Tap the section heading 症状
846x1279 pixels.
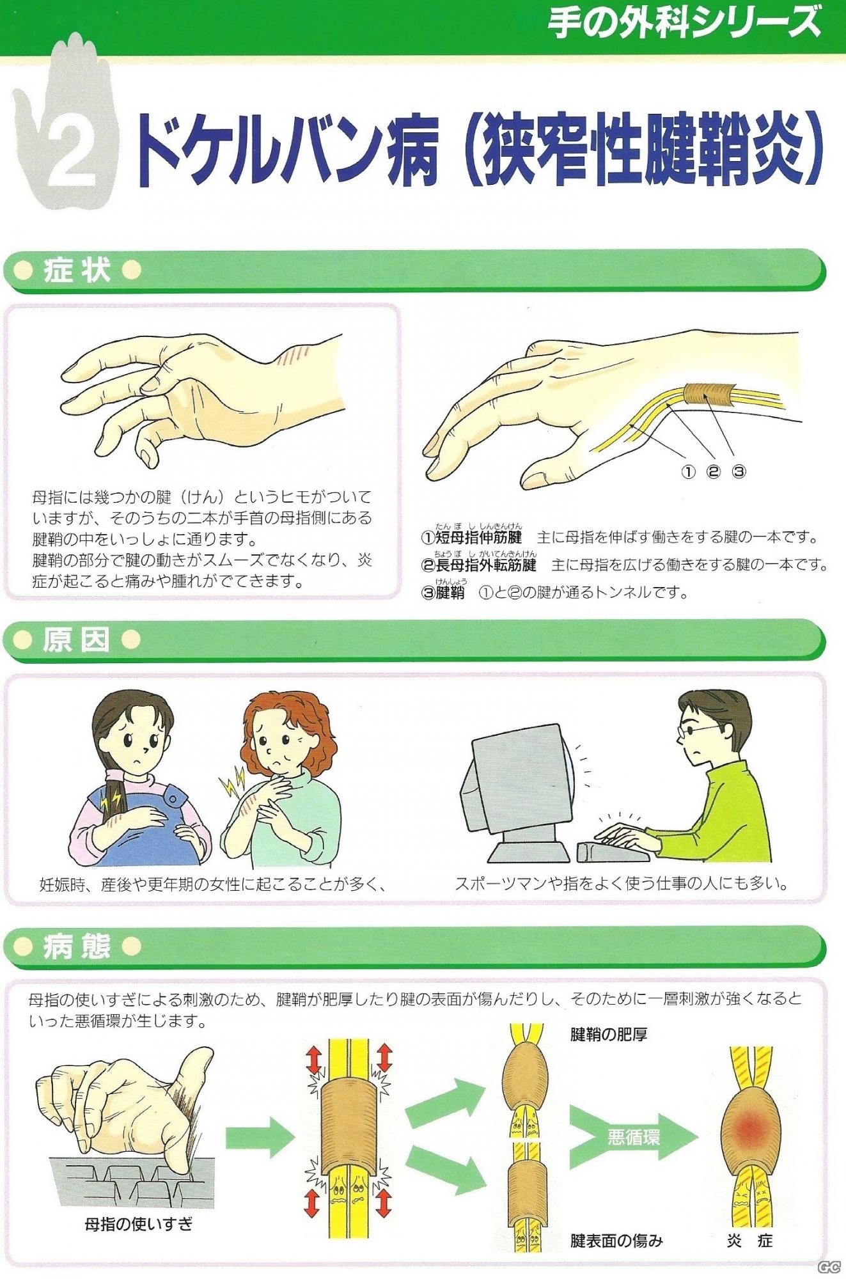(77, 270)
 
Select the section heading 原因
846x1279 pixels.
(77, 639)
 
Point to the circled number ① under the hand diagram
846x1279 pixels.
(687, 472)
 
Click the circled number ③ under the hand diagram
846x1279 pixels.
(739, 472)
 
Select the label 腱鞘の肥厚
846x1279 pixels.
(608, 1034)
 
